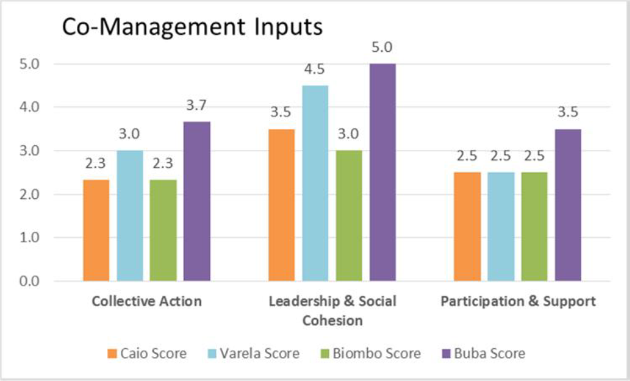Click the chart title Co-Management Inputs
pyautogui.click(x=192, y=28)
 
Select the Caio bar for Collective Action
pyautogui.click(x=96, y=230)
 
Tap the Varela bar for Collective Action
pyautogui.click(x=130, y=216)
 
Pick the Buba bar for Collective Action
pyautogui.click(x=197, y=201)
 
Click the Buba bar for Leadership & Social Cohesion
pyautogui.click(x=383, y=172)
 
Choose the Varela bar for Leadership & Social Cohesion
pyautogui.click(x=315, y=183)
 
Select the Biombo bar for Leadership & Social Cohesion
pyautogui.click(x=349, y=216)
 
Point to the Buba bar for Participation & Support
pyautogui.click(x=568, y=205)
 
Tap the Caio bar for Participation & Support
pyautogui.click(x=467, y=227)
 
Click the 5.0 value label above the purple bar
pyautogui.click(x=382, y=47)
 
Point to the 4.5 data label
pyautogui.click(x=315, y=69)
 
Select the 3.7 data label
pyautogui.click(x=196, y=105)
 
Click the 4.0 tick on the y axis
pyautogui.click(x=29, y=107)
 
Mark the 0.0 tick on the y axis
pyautogui.click(x=29, y=281)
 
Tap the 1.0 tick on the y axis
pyautogui.click(x=29, y=238)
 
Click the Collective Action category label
pyautogui.click(x=147, y=301)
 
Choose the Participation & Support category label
pyautogui.click(x=518, y=302)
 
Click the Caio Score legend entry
pyautogui.click(x=147, y=353)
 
